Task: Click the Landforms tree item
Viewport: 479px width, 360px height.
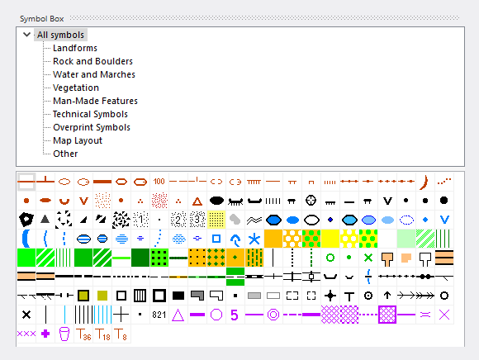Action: [75, 48]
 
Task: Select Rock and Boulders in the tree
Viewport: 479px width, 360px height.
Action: [92, 61]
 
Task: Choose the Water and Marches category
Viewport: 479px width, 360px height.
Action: [94, 74]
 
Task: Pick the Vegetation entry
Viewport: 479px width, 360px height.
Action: [76, 88]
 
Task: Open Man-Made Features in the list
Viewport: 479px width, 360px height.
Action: [95, 101]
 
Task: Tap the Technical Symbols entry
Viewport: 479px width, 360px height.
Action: [90, 114]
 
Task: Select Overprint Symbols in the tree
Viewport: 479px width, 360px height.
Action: [92, 127]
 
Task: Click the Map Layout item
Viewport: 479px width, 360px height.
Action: [78, 140]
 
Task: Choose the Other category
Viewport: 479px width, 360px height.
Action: [65, 154]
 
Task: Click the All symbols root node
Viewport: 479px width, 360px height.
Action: [60, 35]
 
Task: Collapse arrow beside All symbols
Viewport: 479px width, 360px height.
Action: [27, 35]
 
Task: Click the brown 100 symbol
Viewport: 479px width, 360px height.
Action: [159, 182]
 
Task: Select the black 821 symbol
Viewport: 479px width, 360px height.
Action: [159, 315]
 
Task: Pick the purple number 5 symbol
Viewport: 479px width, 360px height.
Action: [235, 315]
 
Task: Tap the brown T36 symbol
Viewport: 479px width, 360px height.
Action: [83, 334]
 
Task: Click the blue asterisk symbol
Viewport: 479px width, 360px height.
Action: [254, 239]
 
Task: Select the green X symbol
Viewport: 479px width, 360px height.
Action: [368, 258]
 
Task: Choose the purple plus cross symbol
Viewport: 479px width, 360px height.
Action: [45, 334]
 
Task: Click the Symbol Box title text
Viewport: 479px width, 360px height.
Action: [42, 19]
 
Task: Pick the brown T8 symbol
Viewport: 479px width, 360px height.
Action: [121, 334]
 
